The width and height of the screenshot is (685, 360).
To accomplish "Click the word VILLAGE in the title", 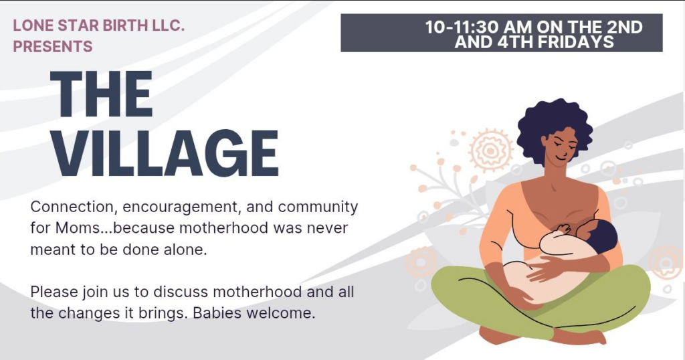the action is pyautogui.click(x=165, y=153).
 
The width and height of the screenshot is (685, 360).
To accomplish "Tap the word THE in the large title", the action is pyautogui.click(x=102, y=94).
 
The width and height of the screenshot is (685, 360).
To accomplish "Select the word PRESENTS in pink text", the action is pyautogui.click(x=53, y=46).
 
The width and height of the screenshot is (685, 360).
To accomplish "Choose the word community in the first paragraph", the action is pyautogui.click(x=318, y=207).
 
